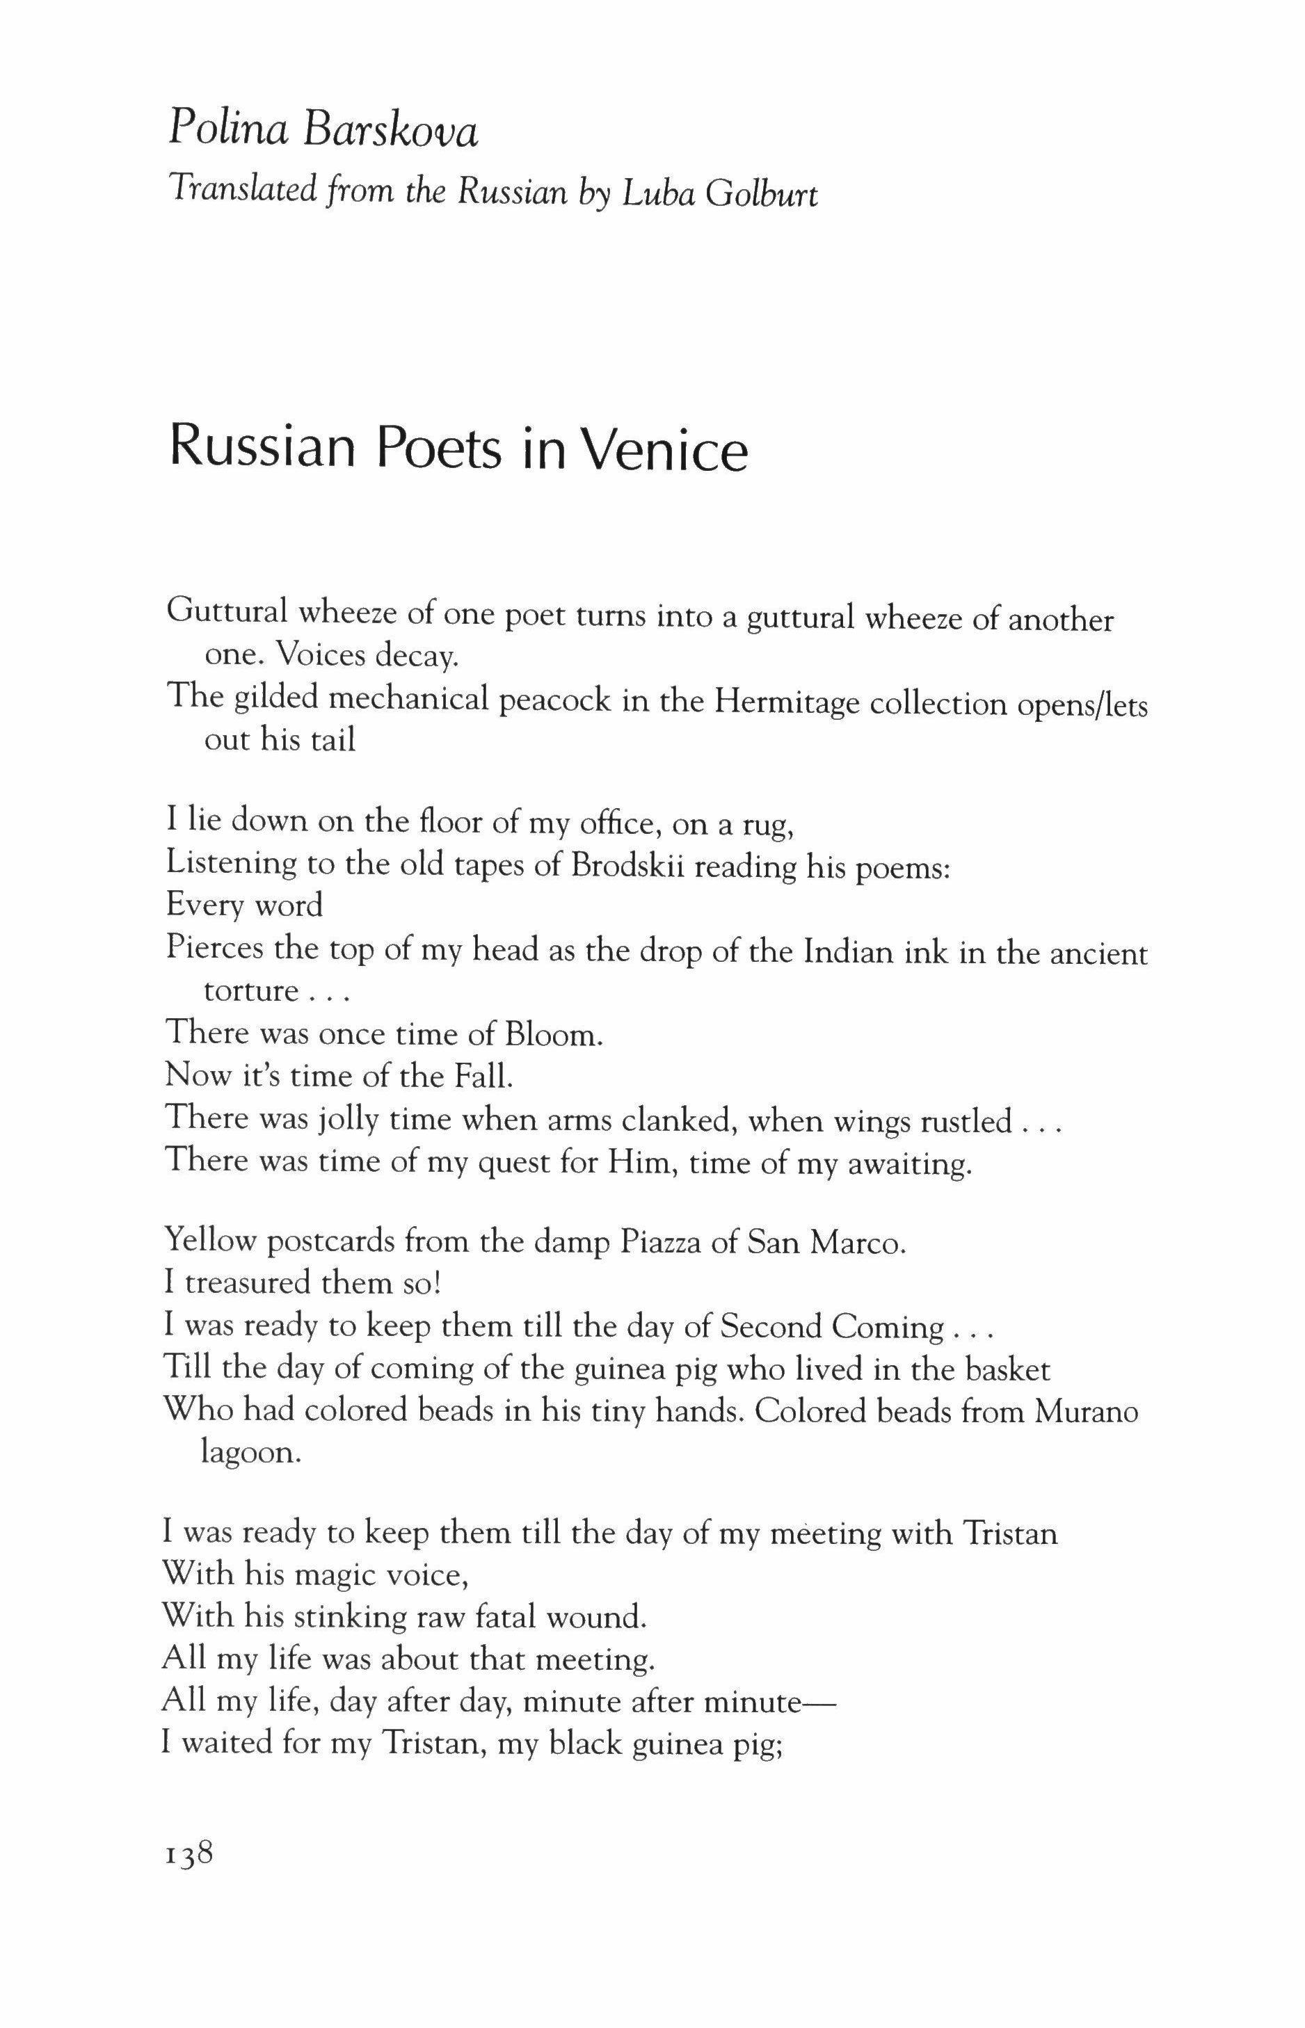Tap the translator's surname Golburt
click(762, 195)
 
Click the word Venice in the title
click(666, 450)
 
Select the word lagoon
click(251, 1454)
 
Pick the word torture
click(252, 991)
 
